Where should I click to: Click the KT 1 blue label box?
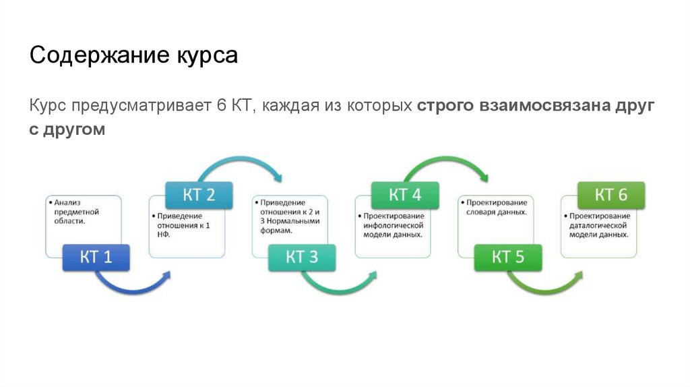(96, 257)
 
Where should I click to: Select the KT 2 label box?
(199, 195)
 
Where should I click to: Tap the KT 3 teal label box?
(302, 257)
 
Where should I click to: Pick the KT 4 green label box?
(405, 195)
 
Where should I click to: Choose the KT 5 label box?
(508, 257)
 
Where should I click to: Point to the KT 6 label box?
(611, 195)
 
